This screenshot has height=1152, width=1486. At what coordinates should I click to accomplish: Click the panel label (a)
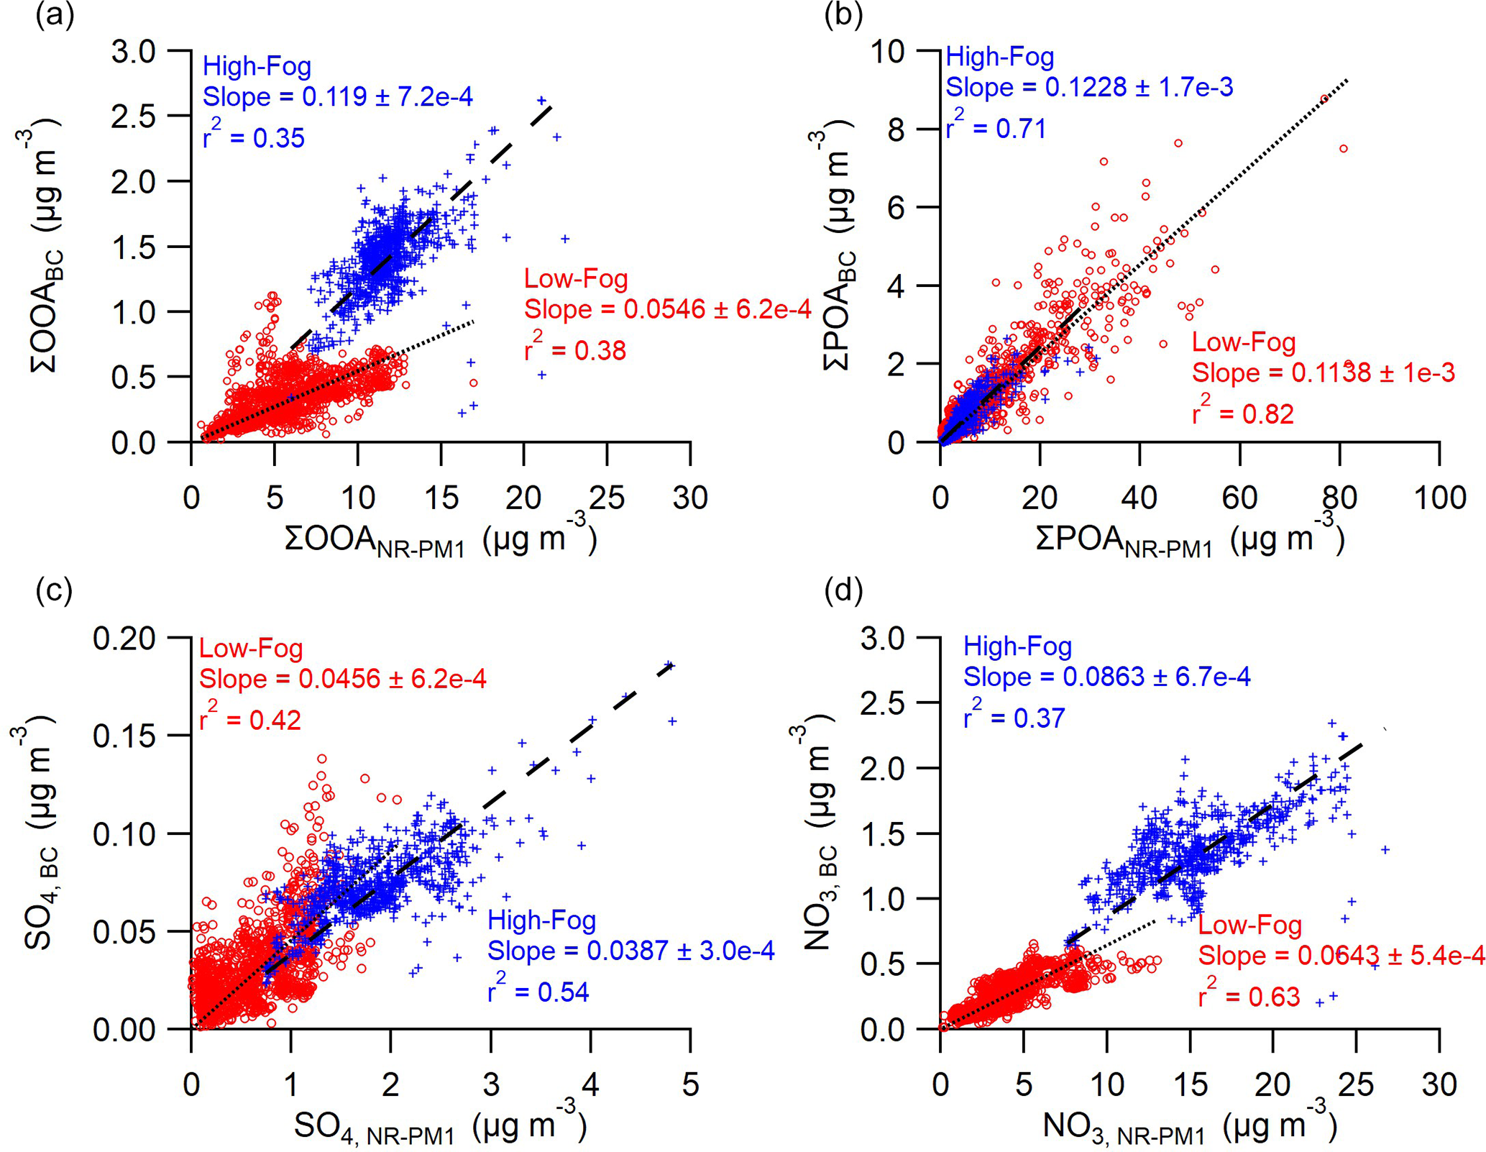(55, 14)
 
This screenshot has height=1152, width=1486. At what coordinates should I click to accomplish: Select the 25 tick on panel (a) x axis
(607, 498)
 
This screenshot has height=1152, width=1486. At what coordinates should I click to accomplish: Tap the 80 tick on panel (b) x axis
(1339, 498)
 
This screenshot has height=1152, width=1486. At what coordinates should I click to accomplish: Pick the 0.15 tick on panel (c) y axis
(124, 736)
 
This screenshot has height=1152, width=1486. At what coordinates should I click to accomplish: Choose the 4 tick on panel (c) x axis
(590, 1084)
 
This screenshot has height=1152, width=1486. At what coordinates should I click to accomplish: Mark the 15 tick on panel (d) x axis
(1191, 1084)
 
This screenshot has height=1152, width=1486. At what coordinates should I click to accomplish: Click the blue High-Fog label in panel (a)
(257, 66)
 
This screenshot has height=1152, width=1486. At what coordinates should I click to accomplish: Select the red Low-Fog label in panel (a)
(576, 278)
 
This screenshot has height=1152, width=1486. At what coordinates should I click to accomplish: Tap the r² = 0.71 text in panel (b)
(996, 127)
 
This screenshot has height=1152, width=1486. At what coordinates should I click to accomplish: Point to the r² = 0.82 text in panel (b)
(1243, 413)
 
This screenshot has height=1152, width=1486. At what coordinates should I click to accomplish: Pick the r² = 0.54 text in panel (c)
(538, 991)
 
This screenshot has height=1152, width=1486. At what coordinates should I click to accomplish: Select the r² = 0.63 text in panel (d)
(1249, 996)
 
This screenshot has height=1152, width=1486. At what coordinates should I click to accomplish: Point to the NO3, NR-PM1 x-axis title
(1189, 1126)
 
